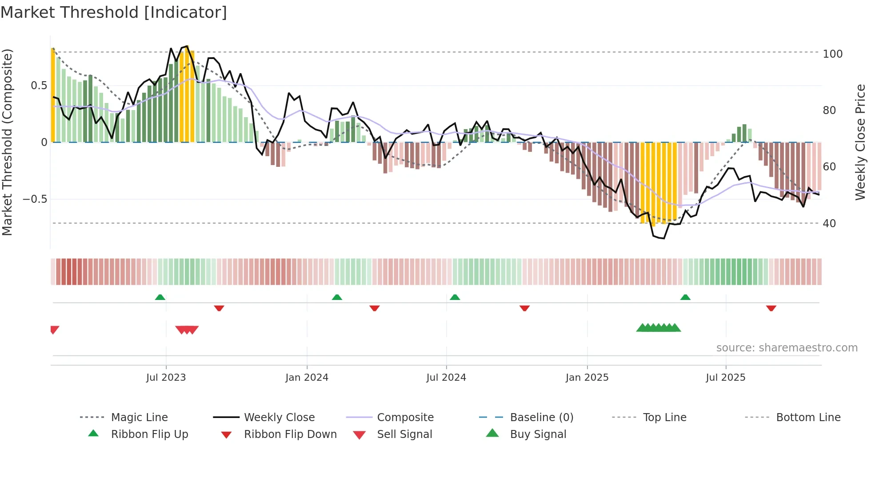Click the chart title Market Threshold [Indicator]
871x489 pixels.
point(114,12)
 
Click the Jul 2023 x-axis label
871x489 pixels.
point(166,378)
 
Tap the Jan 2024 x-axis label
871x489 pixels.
point(307,378)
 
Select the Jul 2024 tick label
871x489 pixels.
point(446,378)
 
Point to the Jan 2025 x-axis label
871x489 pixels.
point(587,378)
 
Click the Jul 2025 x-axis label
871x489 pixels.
point(726,378)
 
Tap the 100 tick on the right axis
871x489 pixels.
point(832,54)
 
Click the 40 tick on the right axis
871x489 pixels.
point(829,224)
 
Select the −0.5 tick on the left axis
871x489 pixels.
point(35,199)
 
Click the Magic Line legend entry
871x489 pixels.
point(139,418)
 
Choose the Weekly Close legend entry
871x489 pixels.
point(279,418)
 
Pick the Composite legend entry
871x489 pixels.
point(405,418)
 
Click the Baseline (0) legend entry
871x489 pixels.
point(541,418)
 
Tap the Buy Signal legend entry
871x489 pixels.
point(538,434)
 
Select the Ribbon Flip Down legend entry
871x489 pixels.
point(290,434)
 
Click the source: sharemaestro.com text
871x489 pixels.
point(787,348)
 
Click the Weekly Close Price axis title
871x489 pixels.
point(860,142)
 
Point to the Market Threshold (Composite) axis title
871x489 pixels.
point(7,142)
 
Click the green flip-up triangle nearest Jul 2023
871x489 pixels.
point(160,297)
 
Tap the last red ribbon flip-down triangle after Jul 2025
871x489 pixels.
point(771,308)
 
